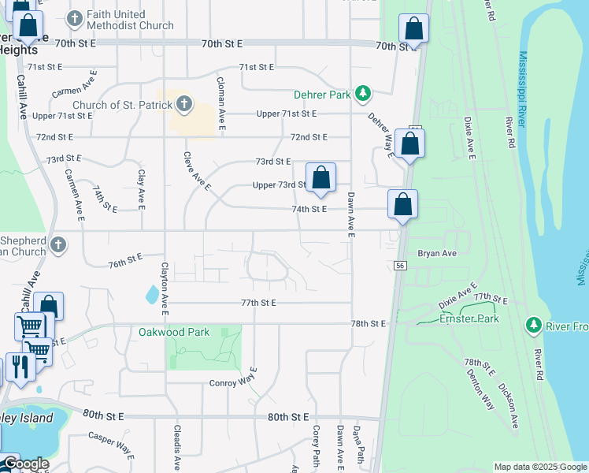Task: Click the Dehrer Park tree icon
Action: click(362, 95)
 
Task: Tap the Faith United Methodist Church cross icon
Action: click(75, 18)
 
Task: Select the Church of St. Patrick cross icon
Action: click(183, 103)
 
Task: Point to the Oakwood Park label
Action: click(174, 332)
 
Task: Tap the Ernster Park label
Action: click(469, 318)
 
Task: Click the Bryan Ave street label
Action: click(437, 254)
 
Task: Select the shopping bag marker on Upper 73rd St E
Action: click(320, 179)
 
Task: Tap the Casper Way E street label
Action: click(111, 443)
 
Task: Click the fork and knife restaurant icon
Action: click(20, 367)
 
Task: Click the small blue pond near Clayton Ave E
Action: click(151, 294)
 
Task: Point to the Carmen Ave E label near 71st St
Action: click(74, 88)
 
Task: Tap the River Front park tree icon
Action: click(533, 325)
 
